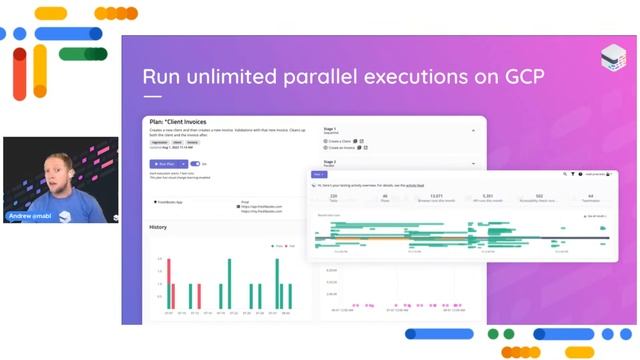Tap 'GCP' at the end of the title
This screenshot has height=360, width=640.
517,77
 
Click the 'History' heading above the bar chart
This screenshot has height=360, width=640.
158,227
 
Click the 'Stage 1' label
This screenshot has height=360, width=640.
330,128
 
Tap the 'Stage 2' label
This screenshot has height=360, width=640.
330,161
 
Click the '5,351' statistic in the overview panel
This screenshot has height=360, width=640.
487,196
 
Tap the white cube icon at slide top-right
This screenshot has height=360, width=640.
612,56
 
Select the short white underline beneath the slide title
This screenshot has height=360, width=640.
152,98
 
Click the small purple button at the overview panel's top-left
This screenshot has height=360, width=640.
319,174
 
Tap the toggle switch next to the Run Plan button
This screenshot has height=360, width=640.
194,163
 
